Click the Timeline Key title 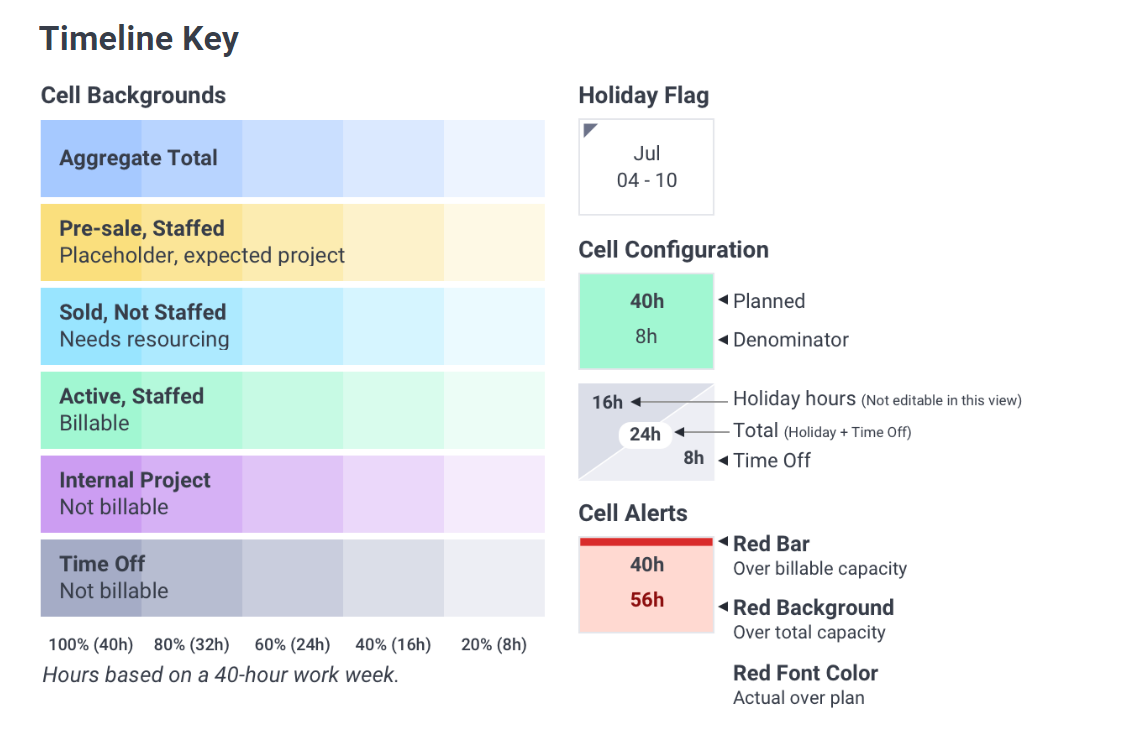click(x=139, y=39)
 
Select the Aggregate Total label click(x=138, y=158)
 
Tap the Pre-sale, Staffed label click(x=142, y=229)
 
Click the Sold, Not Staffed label click(x=143, y=312)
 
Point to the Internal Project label click(x=135, y=480)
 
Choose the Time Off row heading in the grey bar click(x=102, y=564)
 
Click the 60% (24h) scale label click(x=293, y=644)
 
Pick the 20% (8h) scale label click(x=494, y=644)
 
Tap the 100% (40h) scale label click(x=91, y=644)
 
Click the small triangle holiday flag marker click(x=589, y=129)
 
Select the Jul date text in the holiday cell click(x=647, y=154)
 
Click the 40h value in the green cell click(x=647, y=301)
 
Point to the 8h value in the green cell click(x=647, y=336)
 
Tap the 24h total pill click(x=645, y=434)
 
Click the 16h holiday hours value click(x=607, y=403)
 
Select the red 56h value click(x=647, y=600)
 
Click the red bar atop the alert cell click(x=646, y=542)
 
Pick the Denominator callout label click(x=790, y=340)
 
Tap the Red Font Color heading click(x=806, y=673)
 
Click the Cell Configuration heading click(x=673, y=250)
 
